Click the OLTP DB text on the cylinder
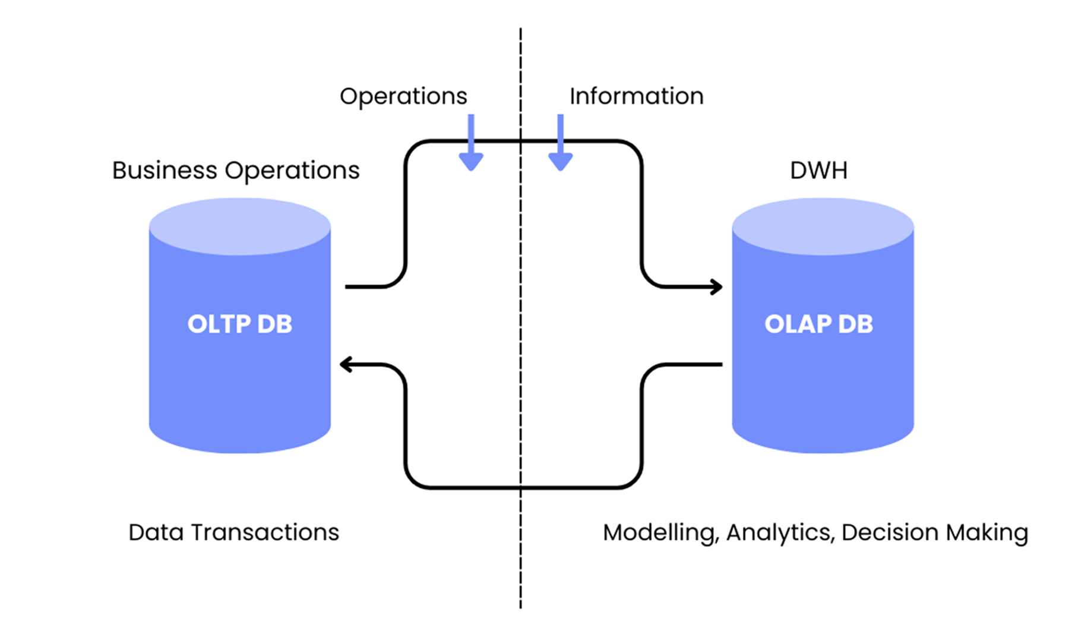(x=240, y=324)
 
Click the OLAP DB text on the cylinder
(x=818, y=324)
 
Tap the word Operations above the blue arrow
(x=403, y=96)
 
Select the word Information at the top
(x=636, y=96)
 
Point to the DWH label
(x=818, y=171)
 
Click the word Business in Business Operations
(x=165, y=171)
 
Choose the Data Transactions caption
(x=233, y=532)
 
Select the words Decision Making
(x=934, y=533)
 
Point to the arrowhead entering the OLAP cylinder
(x=717, y=287)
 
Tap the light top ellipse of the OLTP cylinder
(x=240, y=226)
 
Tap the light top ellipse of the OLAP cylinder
(x=823, y=226)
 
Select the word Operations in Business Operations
(x=292, y=171)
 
